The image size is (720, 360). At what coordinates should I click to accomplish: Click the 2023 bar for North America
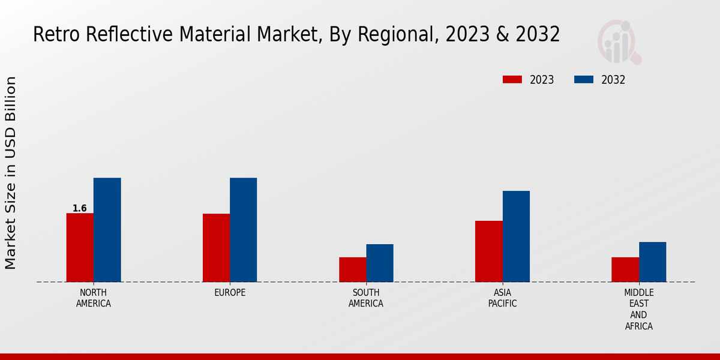click(80, 247)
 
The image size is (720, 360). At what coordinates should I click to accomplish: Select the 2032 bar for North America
click(107, 230)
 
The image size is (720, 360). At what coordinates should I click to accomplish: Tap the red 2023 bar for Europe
click(216, 248)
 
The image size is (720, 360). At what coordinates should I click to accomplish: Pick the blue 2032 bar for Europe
click(243, 230)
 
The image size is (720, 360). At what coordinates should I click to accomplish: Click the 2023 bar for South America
click(352, 269)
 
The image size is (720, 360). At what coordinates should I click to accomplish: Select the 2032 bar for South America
click(380, 263)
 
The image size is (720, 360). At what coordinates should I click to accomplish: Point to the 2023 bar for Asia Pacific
click(488, 251)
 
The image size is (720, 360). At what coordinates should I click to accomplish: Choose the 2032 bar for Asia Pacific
click(516, 236)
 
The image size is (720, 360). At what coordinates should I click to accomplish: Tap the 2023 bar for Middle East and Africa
click(625, 269)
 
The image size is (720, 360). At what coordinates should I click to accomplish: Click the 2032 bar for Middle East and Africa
click(652, 262)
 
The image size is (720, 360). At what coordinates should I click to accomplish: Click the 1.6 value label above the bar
click(80, 209)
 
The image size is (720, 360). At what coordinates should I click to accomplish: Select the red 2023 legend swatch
click(512, 80)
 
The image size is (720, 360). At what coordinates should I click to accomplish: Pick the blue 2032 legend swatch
click(584, 80)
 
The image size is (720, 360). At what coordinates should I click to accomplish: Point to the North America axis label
click(94, 298)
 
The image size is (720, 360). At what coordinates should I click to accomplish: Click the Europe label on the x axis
click(230, 293)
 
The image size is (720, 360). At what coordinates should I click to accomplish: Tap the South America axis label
click(366, 298)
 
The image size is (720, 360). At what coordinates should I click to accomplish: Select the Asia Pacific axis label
click(502, 298)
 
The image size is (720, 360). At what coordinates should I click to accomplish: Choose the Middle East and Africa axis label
click(638, 310)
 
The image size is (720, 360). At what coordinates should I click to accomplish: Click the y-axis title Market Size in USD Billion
click(11, 173)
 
